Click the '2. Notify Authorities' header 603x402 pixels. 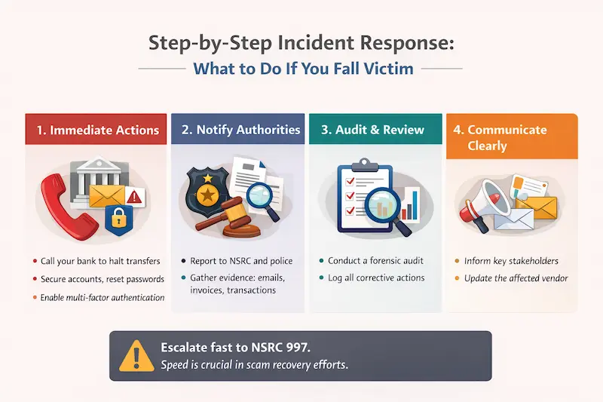238,130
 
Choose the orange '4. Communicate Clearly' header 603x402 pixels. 512,137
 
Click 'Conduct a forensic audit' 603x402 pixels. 375,261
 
